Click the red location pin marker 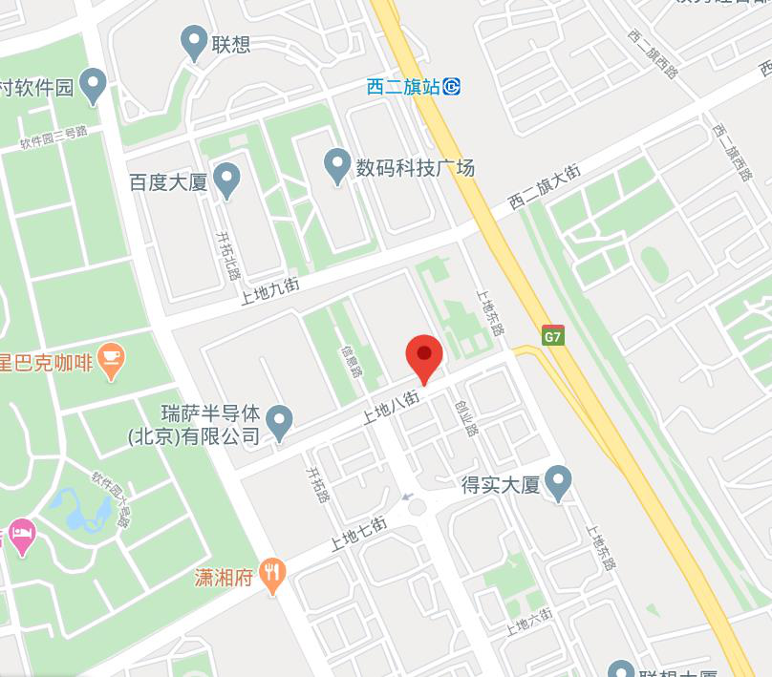[424, 355]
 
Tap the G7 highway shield [553, 336]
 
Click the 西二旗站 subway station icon [452, 87]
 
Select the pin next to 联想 [195, 42]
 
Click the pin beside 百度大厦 [226, 180]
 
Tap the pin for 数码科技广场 [336, 166]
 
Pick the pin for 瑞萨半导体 [279, 422]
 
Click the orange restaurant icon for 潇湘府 [274, 576]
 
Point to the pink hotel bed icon [19, 532]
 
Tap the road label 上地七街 [358, 534]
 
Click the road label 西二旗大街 [544, 188]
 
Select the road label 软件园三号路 [54, 138]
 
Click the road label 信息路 [351, 360]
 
